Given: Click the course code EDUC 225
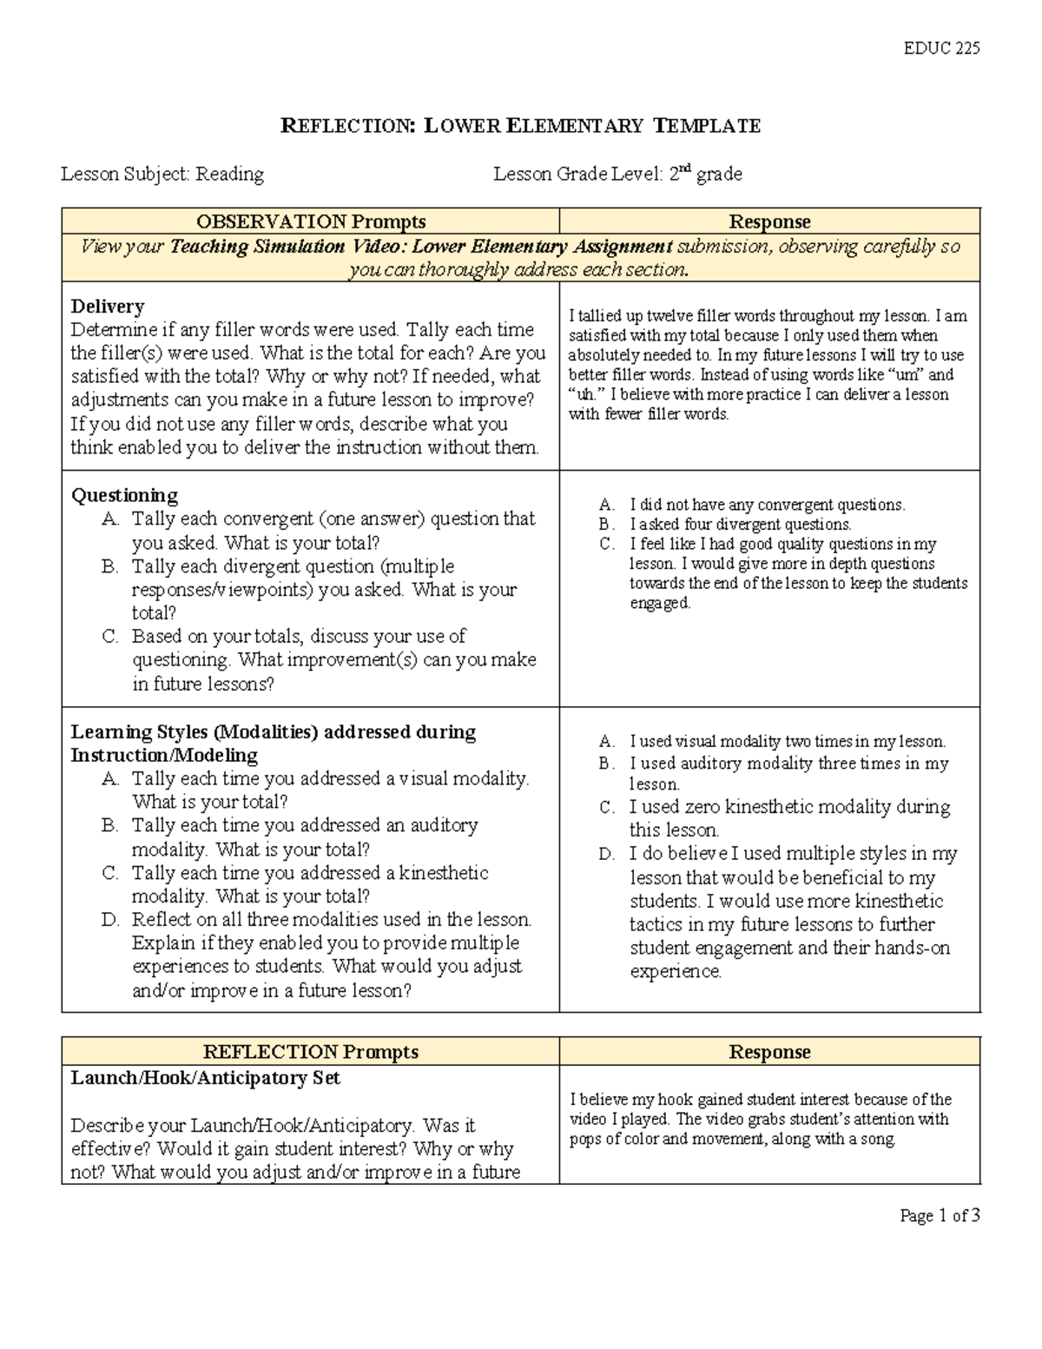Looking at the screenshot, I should tap(941, 49).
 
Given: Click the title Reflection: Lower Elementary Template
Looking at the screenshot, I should tap(520, 126).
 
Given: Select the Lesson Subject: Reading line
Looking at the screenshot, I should tap(162, 175).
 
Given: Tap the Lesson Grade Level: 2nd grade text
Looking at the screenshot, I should tap(617, 175).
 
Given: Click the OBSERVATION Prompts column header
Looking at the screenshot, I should tap(311, 222).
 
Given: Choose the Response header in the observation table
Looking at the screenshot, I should tap(769, 222).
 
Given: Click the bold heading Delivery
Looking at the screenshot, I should tap(107, 306).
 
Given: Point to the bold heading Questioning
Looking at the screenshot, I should tap(123, 495).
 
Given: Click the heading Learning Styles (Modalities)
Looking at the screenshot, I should tap(273, 732).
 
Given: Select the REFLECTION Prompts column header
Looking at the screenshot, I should tap(311, 1052).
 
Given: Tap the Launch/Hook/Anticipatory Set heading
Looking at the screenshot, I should tap(205, 1078).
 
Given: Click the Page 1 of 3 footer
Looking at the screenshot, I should tap(940, 1216).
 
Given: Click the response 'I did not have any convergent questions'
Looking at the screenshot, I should tap(767, 505).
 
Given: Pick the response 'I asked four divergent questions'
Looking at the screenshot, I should tap(740, 525).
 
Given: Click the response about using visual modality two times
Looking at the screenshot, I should tap(787, 742).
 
